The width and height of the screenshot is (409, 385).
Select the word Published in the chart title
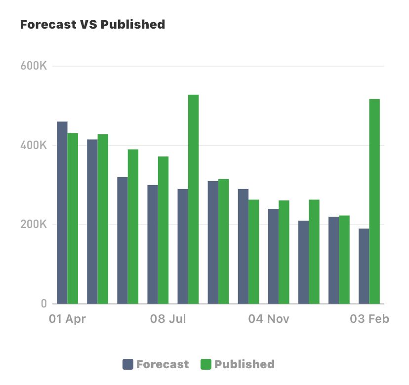[x=133, y=24]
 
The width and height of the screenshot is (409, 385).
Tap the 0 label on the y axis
[x=43, y=304]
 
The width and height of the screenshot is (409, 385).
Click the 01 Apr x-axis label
[x=67, y=319]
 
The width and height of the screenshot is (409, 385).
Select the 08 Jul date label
[x=168, y=319]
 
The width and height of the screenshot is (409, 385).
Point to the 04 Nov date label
[x=269, y=319]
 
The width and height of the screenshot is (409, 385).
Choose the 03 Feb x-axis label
[x=369, y=319]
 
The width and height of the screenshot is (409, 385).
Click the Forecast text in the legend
[x=163, y=365]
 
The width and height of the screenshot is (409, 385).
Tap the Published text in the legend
[x=245, y=365]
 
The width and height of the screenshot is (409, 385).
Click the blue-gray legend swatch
[x=128, y=365]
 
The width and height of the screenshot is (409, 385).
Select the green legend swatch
[x=206, y=365]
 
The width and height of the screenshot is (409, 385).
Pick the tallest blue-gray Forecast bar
[x=62, y=212]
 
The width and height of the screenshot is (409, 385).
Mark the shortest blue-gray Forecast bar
[x=364, y=266]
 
